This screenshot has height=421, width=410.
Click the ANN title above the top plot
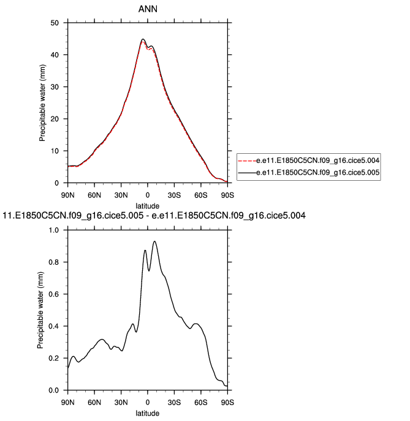pos(148,9)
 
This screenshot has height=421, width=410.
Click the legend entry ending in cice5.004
pos(319,161)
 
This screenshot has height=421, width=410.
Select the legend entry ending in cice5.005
pos(319,173)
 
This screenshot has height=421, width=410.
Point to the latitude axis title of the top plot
pos(148,205)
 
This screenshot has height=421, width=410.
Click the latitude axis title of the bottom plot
pos(148,412)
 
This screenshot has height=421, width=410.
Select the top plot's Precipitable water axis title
pos(43,103)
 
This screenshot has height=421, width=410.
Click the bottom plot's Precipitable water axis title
pos(40,310)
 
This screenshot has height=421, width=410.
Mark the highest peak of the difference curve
pos(154,241)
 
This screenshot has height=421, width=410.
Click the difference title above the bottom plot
pos(154,216)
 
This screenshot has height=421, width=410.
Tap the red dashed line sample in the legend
pos(246,161)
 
